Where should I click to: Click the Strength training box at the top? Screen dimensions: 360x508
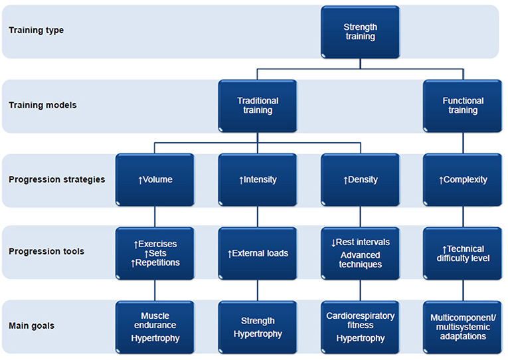[x=360, y=32]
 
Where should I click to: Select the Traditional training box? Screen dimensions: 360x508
[x=258, y=106]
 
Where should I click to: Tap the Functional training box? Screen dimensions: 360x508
[x=463, y=106]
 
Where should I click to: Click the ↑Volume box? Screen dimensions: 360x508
[x=155, y=179]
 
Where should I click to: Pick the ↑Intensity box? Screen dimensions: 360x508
[x=258, y=179]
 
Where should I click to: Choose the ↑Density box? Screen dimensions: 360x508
[x=360, y=179]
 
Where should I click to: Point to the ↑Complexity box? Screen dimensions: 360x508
[x=463, y=179]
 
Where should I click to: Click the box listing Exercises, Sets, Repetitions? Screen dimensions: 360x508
[x=155, y=253]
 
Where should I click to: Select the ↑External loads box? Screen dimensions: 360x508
[x=258, y=253]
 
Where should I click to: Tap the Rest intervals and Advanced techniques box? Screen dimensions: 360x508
[x=360, y=253]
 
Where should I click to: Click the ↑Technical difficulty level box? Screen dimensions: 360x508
[x=463, y=253]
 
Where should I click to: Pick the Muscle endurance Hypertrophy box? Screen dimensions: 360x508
[x=155, y=327]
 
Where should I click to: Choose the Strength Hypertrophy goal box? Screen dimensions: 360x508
[x=258, y=327]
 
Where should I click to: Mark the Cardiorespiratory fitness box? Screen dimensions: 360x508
[x=360, y=327]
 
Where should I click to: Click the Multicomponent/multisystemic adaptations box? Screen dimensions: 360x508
[x=463, y=327]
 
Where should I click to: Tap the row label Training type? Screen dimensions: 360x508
[x=36, y=31]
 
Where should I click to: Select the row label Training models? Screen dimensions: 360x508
[x=41, y=105]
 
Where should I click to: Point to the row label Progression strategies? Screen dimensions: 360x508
[x=56, y=179]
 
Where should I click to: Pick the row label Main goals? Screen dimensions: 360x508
[x=31, y=326]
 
